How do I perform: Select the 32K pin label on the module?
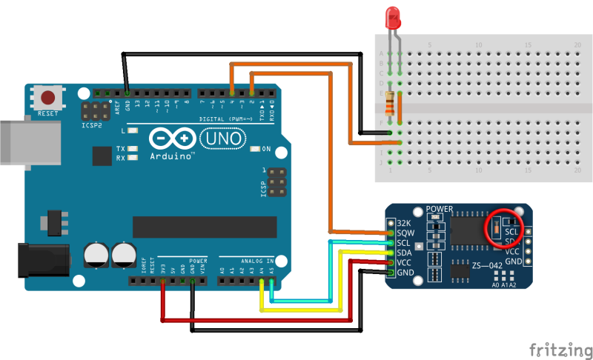pos(404,223)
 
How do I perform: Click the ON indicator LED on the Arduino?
pos(256,149)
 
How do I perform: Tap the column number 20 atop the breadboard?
pos(577,45)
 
